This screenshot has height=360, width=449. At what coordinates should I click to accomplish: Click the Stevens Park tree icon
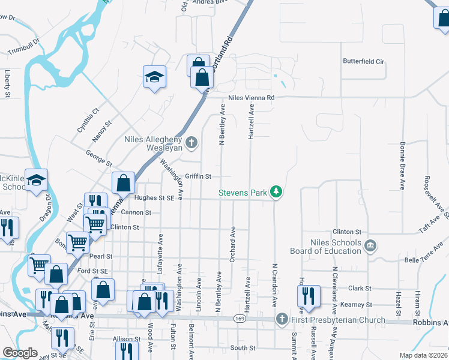(x=276, y=192)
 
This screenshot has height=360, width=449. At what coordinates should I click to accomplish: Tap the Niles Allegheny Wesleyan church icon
(x=191, y=142)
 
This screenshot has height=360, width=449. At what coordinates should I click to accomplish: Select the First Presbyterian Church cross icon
(x=282, y=319)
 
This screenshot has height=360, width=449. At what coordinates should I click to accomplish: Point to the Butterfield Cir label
(x=363, y=61)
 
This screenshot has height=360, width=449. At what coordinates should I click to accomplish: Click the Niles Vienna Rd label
(x=251, y=98)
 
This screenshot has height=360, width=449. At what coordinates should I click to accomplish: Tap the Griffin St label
(x=198, y=176)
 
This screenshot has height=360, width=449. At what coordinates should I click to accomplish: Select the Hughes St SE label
(x=154, y=197)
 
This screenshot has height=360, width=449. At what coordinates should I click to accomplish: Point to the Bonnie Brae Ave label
(x=401, y=158)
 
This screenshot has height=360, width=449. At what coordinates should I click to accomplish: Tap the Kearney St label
(x=356, y=305)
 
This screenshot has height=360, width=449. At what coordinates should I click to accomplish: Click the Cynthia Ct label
(x=88, y=120)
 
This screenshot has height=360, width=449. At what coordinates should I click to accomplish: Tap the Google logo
(x=20, y=353)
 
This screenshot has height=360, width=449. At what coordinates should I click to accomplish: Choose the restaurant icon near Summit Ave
(x=307, y=296)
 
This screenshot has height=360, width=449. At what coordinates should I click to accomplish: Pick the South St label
(x=243, y=348)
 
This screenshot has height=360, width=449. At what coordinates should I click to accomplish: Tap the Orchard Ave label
(x=232, y=244)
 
